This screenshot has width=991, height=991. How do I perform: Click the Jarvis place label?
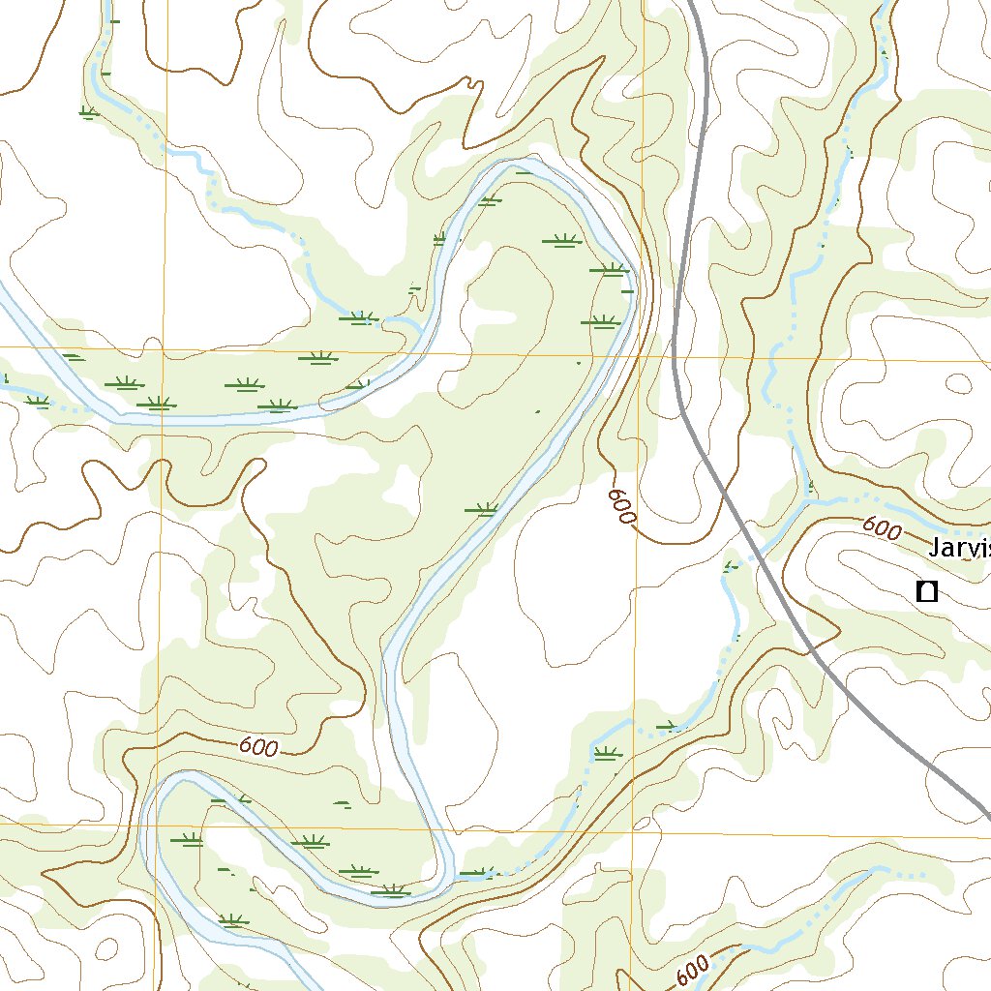[x=959, y=549]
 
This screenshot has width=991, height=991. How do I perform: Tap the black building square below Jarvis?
[x=927, y=590]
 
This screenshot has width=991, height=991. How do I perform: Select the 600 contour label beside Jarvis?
[x=881, y=528]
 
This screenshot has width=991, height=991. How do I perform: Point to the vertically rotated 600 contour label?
[x=621, y=507]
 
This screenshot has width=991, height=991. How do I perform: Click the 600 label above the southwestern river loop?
[x=257, y=747]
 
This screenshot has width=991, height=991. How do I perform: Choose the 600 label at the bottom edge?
[x=694, y=970]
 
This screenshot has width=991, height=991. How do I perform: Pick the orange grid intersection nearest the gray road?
[x=639, y=356]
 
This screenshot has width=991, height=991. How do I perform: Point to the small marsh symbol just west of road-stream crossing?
[x=732, y=563]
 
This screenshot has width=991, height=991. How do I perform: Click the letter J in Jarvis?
[x=935, y=549]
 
